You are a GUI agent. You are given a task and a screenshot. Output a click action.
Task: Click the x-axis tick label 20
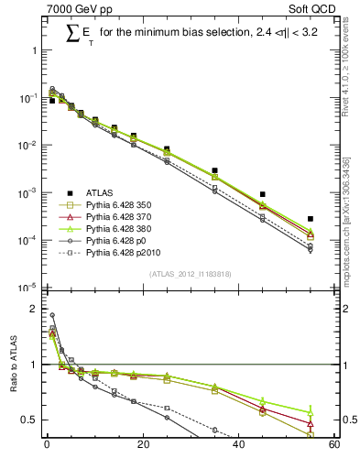coord(142,446)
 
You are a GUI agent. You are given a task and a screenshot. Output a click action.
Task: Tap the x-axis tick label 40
coord(238,446)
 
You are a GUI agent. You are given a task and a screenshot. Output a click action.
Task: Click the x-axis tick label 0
coord(47,446)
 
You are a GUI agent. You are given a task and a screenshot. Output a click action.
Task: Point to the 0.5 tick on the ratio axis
coord(29,420)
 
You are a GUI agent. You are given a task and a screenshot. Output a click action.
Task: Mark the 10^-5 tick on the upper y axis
coord(27,287)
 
